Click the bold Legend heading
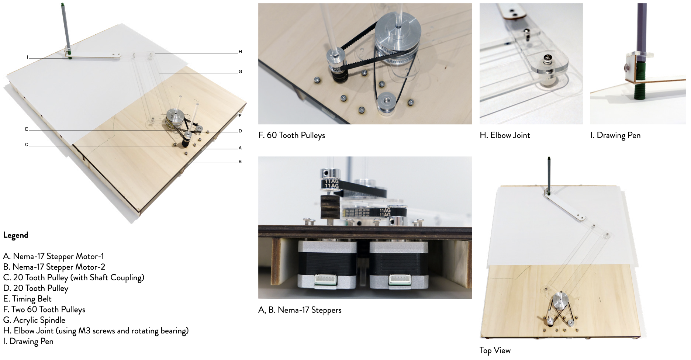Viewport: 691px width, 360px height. coord(15,235)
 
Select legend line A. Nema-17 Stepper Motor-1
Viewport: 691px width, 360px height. coord(53,256)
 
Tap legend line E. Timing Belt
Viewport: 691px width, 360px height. coord(27,299)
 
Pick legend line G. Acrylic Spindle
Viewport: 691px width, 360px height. coord(34,320)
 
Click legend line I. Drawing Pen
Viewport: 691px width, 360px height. coord(28,342)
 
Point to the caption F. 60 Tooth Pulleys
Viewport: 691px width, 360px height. coord(292,135)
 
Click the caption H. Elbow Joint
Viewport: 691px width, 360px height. coord(505,135)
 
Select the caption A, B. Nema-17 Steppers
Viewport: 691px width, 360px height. coord(300,310)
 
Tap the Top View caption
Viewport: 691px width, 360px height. coord(495,351)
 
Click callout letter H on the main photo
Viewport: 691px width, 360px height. coord(240,52)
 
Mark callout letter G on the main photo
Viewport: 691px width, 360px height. coord(240,72)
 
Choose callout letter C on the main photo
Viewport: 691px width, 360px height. coord(27,145)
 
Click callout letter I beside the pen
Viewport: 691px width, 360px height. coord(28,57)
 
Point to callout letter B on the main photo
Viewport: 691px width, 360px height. coord(240,162)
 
